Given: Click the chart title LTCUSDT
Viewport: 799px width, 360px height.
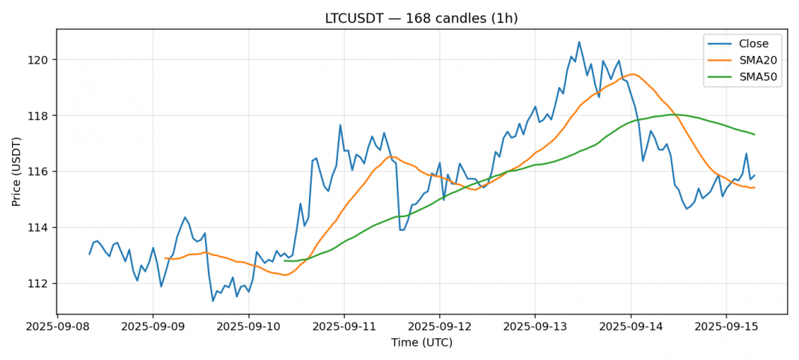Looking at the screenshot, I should (421, 19).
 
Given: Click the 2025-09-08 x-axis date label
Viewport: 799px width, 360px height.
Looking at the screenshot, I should (58, 327).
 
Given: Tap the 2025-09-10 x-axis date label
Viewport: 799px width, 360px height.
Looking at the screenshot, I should (248, 327).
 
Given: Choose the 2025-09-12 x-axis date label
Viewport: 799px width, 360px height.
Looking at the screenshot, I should (439, 327).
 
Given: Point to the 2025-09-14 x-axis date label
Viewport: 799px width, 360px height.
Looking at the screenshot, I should (630, 327).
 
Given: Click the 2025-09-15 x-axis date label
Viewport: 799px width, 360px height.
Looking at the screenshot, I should (725, 327).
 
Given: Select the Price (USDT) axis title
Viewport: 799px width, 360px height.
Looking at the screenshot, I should (16, 171).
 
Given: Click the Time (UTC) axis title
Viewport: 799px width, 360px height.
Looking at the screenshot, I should (421, 343).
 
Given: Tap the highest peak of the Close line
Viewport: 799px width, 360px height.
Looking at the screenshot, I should (579, 42).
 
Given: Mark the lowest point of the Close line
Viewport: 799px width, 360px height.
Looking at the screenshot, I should (213, 301).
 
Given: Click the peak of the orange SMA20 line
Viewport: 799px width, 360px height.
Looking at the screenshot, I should (632, 74).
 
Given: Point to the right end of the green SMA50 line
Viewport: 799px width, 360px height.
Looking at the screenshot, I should (754, 135).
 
